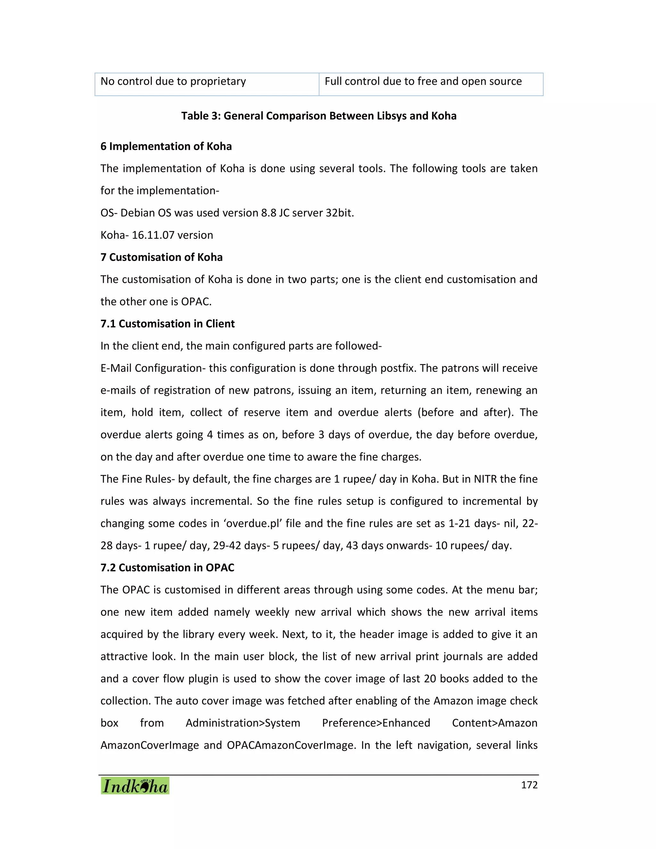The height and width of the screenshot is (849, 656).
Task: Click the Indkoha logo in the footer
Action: tap(135, 786)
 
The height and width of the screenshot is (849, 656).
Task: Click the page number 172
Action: tap(529, 785)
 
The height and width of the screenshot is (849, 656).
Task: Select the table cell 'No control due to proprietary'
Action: tap(173, 81)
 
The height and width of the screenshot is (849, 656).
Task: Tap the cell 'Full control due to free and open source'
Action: tap(423, 81)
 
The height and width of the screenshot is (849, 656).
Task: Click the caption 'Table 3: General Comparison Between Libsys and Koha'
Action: tap(319, 116)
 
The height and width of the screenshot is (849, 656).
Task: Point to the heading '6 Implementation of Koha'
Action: tap(166, 146)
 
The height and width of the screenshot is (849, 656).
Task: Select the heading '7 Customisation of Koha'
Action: tap(161, 257)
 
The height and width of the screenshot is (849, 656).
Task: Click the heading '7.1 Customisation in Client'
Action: tap(168, 324)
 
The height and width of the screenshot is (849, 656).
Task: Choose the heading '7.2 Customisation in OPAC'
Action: tap(167, 568)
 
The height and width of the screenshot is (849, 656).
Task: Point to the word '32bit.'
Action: tap(340, 213)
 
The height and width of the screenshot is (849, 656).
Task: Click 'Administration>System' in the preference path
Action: tap(243, 723)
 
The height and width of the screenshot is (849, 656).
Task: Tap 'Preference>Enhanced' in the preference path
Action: tap(376, 723)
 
